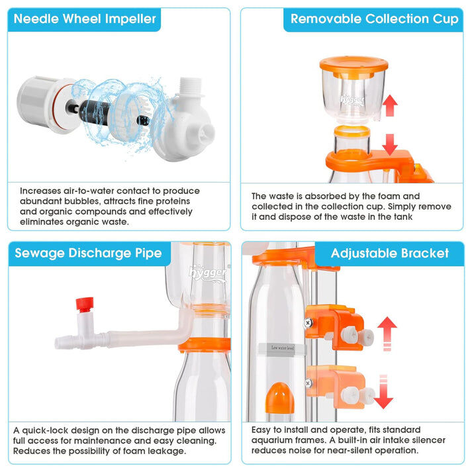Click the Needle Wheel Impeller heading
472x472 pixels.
click(85, 19)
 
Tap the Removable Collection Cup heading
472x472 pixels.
click(375, 19)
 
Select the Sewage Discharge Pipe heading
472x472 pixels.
click(88, 253)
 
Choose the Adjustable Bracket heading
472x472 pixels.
click(390, 253)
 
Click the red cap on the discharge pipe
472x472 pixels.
click(85, 305)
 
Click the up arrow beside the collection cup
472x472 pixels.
click(390, 105)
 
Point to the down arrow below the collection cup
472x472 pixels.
click(390, 145)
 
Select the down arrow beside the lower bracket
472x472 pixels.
click(383, 392)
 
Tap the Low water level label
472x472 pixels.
click(283, 348)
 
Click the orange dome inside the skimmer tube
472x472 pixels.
click(279, 398)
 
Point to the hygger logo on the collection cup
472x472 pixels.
click(352, 100)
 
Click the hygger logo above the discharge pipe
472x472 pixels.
click(208, 273)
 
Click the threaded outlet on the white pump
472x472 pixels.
click(190, 86)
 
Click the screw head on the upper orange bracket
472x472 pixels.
click(308, 323)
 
